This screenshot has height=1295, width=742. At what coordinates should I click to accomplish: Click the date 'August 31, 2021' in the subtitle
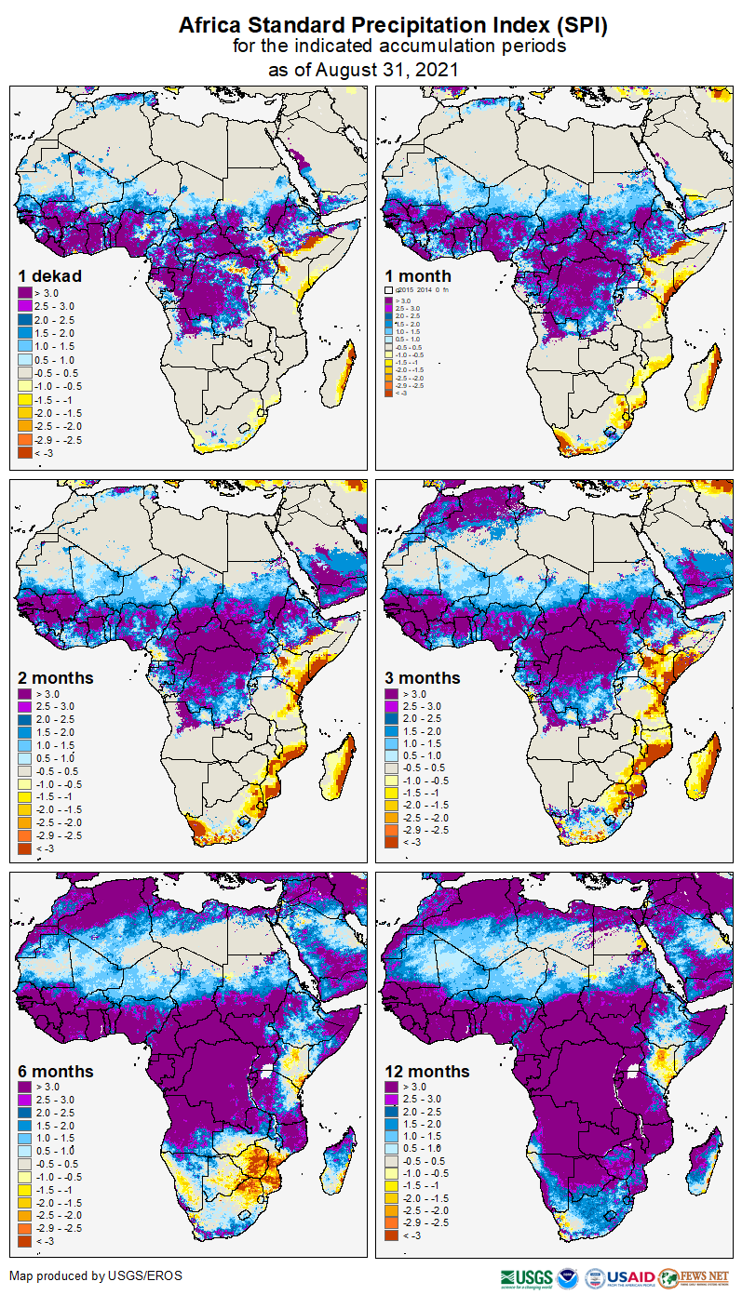pyautogui.click(x=389, y=70)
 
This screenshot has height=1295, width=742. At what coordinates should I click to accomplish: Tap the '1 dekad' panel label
pyautogui.click(x=50, y=275)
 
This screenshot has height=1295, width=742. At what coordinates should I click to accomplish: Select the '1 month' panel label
pyautogui.click(x=418, y=275)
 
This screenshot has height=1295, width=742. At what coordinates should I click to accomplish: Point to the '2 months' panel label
pyautogui.click(x=56, y=677)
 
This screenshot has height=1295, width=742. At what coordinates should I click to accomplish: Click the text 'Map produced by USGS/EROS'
pyautogui.click(x=96, y=1275)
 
